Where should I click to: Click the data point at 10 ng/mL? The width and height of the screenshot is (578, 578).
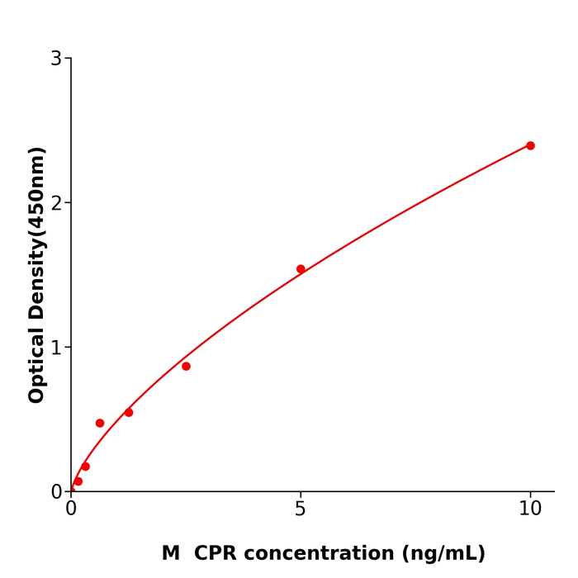(530, 145)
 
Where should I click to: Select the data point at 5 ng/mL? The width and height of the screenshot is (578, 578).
(301, 269)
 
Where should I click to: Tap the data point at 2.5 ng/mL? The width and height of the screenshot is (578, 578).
(186, 366)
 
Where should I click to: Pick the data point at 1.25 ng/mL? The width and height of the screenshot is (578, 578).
(129, 412)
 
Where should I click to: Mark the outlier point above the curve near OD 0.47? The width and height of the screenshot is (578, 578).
(100, 423)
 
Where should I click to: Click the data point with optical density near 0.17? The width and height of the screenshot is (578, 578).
(85, 467)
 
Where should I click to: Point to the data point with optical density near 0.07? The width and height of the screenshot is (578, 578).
(78, 481)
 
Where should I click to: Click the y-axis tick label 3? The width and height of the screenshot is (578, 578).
(56, 59)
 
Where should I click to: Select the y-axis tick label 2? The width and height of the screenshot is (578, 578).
(56, 203)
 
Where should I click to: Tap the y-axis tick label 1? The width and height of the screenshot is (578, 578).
(56, 348)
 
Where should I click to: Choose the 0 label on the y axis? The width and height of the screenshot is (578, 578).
(56, 492)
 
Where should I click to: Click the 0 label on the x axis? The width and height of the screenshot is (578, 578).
(71, 509)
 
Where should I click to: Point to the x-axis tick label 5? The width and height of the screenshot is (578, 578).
(301, 509)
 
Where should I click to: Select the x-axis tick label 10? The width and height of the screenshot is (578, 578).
(530, 509)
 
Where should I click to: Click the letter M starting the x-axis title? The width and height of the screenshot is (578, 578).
(171, 553)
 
